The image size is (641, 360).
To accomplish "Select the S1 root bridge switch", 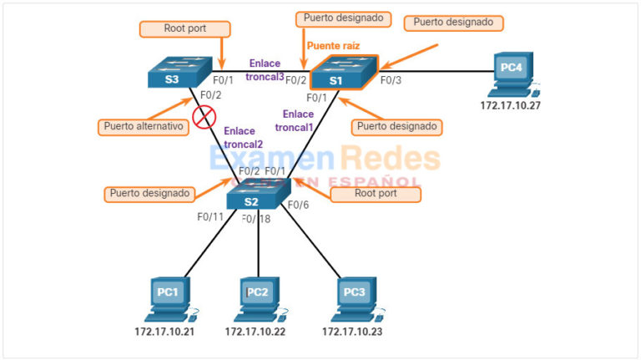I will point(343,74).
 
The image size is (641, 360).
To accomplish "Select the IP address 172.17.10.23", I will point(355,332).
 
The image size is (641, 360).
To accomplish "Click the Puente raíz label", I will point(333,45).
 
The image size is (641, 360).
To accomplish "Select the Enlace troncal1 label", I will point(298,121).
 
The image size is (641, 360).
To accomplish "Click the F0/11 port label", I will point(210,217).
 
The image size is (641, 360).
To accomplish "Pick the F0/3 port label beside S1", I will point(391,81).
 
